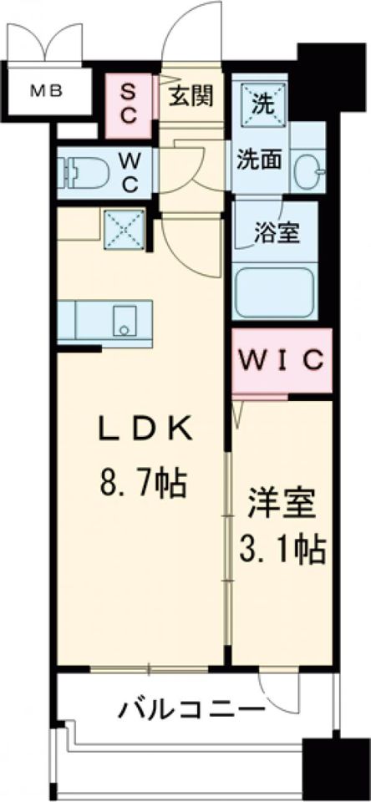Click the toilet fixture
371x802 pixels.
80,172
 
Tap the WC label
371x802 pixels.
132,171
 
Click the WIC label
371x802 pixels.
282,361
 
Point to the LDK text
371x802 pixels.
145,432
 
